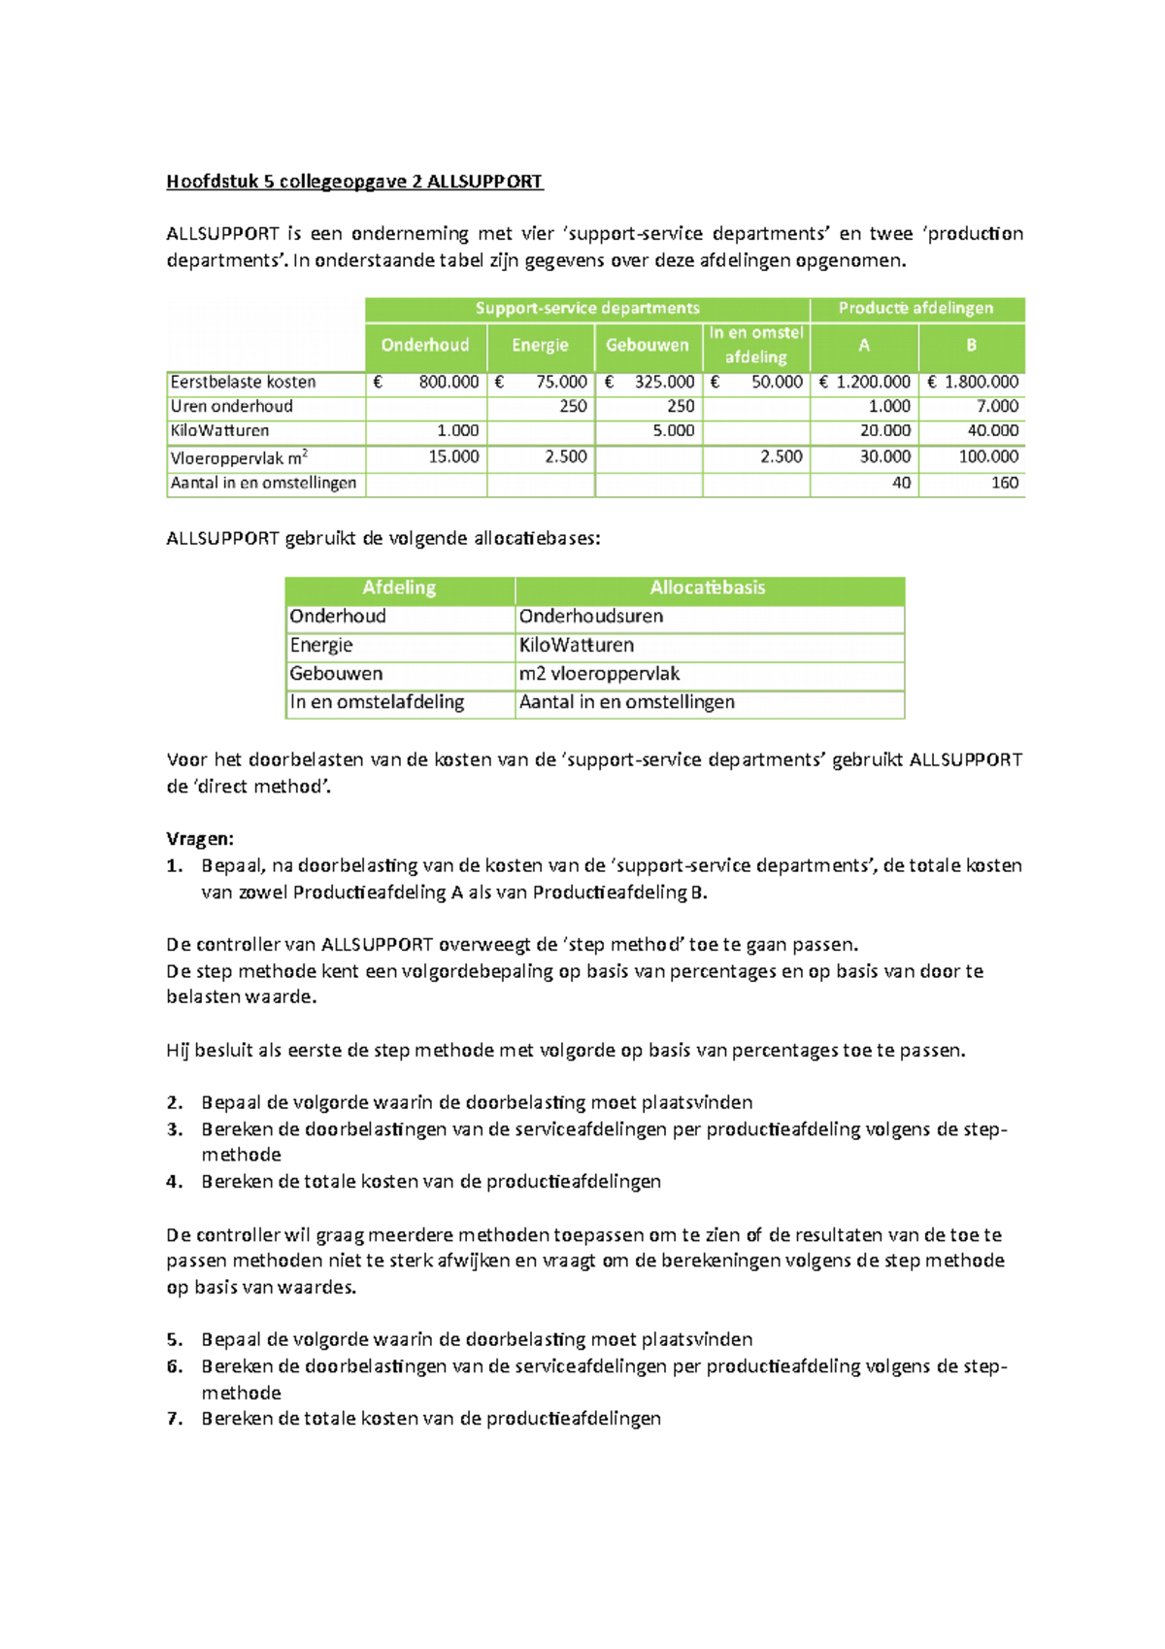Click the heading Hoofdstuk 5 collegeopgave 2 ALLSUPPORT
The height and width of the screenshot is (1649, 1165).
(x=354, y=182)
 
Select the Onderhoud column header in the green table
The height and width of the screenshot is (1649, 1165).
(x=425, y=345)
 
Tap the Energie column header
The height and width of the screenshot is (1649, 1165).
(x=540, y=345)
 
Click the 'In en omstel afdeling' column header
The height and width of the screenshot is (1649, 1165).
(x=756, y=345)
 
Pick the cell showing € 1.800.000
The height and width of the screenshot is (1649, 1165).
(x=972, y=382)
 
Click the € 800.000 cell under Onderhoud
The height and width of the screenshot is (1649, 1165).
(x=427, y=382)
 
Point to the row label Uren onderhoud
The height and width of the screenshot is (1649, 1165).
(x=232, y=406)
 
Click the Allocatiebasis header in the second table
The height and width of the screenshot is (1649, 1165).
(x=708, y=588)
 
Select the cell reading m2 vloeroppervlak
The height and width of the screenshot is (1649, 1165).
(x=599, y=673)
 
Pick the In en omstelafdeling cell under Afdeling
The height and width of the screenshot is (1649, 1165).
(x=377, y=702)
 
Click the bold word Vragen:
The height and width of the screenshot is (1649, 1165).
(x=200, y=839)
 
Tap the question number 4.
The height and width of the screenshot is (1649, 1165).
(x=174, y=1182)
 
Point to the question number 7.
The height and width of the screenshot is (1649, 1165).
(x=174, y=1419)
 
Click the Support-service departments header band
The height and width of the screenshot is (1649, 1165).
(x=587, y=308)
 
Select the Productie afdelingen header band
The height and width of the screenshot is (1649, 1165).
(x=915, y=308)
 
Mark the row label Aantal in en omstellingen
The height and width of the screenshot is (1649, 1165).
(x=263, y=483)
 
